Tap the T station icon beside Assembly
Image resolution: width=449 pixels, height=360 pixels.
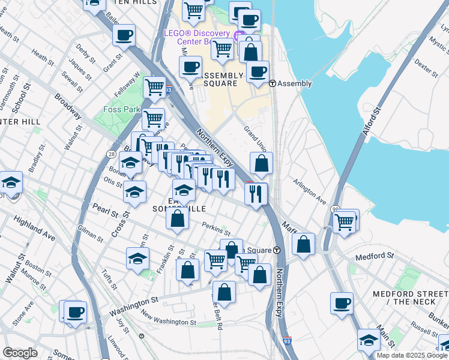(x=272, y=84)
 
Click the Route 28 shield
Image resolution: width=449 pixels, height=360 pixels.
(x=112, y=154)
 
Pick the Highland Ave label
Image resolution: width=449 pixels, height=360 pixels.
(x=34, y=229)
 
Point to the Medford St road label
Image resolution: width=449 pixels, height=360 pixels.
(x=373, y=256)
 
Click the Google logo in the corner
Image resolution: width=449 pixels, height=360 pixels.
(x=20, y=353)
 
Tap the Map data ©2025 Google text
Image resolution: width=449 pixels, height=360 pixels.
(x=412, y=355)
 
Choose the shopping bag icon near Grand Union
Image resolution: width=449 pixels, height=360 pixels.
(x=262, y=163)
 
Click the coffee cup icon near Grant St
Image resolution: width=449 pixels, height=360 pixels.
(x=124, y=35)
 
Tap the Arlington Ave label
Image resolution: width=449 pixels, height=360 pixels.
(x=309, y=190)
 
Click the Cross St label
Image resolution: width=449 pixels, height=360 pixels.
(x=116, y=222)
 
